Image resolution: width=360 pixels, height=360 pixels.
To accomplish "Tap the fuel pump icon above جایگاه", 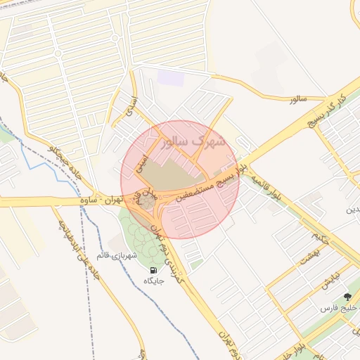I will coord(153,270).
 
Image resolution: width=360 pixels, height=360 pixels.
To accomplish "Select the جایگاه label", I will coord(153,281).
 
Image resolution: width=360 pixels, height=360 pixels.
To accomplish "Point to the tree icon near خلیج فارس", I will coord(347,297).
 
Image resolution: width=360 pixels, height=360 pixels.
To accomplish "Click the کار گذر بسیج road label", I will coord(330,110).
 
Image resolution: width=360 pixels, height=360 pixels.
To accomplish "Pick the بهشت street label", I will coord(308,256).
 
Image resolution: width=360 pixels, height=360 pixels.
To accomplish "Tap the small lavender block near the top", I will coord(171,77).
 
